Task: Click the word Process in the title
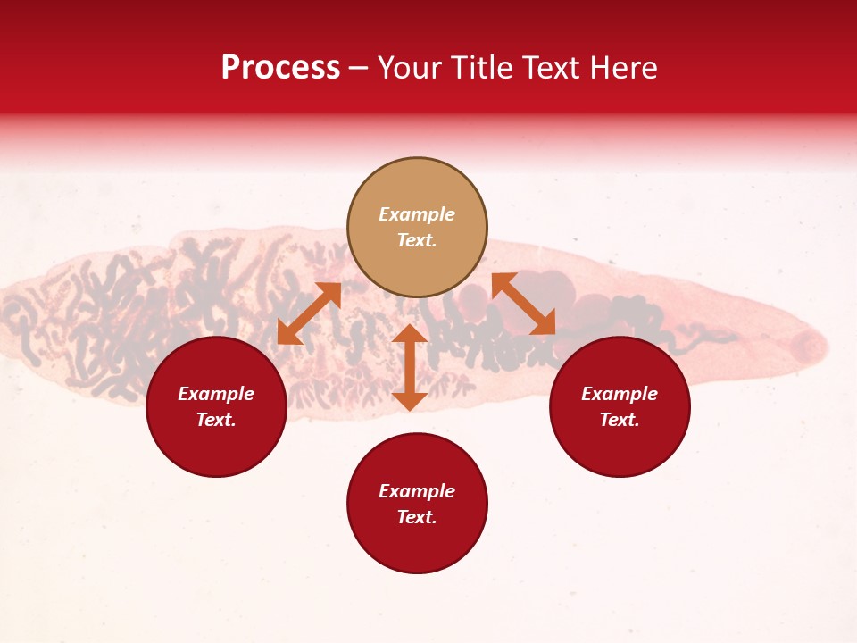point(280,68)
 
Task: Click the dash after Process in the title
point(359,69)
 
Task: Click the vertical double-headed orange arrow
point(410,367)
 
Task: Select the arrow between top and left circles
point(309,313)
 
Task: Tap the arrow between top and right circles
point(523,304)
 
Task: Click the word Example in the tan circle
point(417,214)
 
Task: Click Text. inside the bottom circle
point(417,517)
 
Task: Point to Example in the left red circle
point(216,394)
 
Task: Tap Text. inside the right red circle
point(620,420)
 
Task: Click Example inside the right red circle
point(620,394)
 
